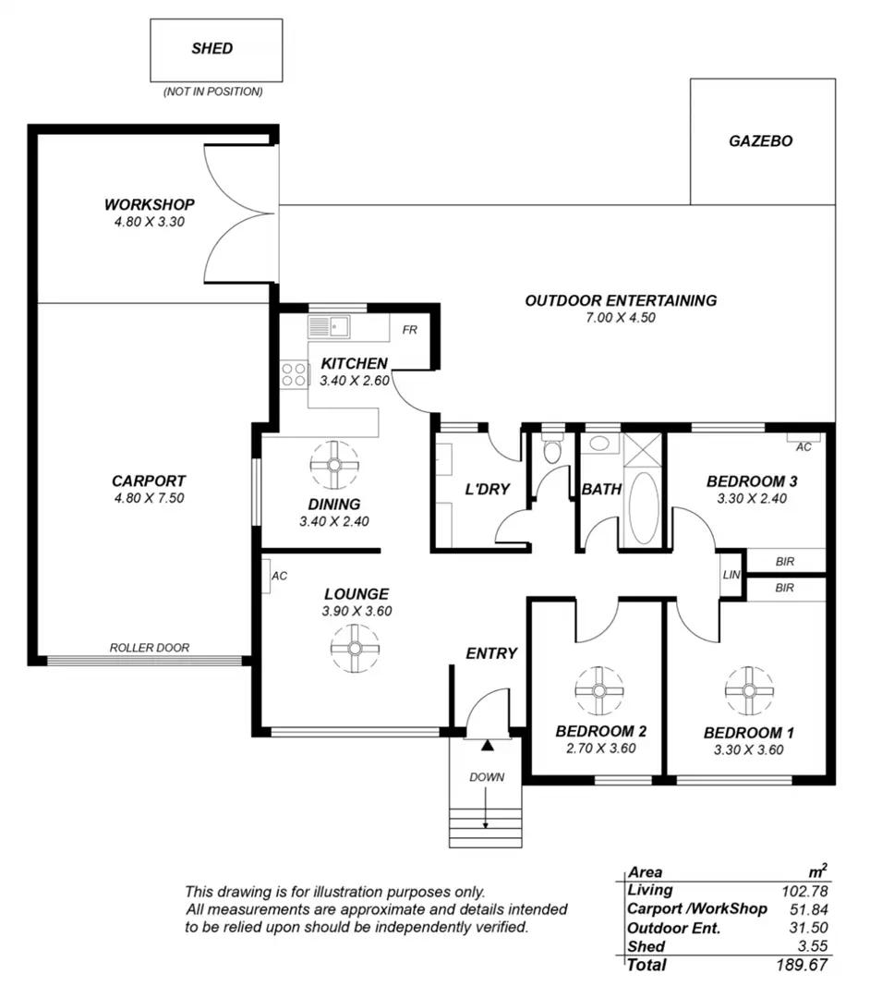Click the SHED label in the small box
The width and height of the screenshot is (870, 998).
click(x=212, y=48)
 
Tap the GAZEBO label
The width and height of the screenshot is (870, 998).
click(x=761, y=141)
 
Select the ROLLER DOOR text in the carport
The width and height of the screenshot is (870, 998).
click(x=150, y=648)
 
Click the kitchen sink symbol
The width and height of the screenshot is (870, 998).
click(x=329, y=326)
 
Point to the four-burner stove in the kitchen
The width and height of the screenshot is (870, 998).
click(x=293, y=375)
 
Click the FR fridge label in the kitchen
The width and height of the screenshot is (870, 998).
click(x=409, y=330)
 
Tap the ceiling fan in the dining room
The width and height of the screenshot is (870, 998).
click(x=334, y=465)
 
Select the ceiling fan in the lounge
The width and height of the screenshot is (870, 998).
click(x=355, y=649)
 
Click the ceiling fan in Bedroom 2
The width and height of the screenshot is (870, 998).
click(x=599, y=690)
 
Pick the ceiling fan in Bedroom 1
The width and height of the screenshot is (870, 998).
click(x=749, y=690)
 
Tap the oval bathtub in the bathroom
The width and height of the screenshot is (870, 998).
click(x=644, y=508)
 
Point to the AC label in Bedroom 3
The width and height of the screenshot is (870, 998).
click(x=804, y=447)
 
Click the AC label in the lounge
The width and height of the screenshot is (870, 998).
click(x=279, y=576)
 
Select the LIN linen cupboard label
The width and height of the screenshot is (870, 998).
click(x=731, y=575)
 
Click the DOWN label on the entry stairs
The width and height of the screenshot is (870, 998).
click(x=487, y=777)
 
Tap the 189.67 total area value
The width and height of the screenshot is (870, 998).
click(x=802, y=965)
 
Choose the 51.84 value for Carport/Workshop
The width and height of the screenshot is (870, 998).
click(x=809, y=909)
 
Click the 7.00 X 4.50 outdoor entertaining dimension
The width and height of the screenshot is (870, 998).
click(x=621, y=318)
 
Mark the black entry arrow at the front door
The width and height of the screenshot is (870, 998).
click(x=487, y=745)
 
